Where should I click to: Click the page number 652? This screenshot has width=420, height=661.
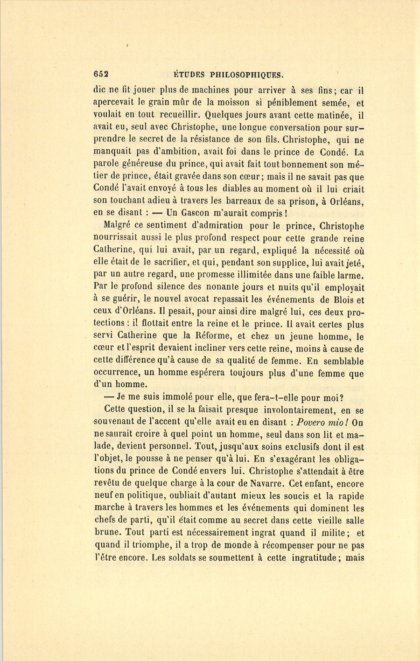coord(101,74)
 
